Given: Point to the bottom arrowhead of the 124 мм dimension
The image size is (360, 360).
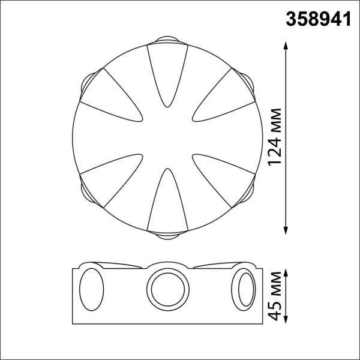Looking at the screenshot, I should pyautogui.click(x=286, y=229).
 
